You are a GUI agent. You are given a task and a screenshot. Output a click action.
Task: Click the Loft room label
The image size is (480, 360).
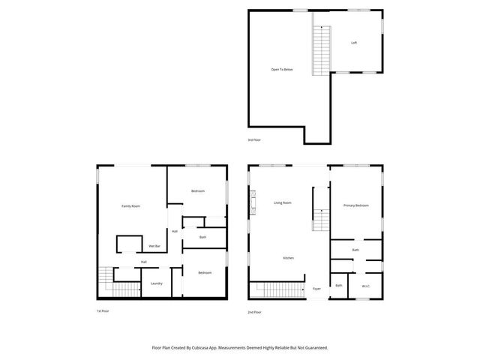click(354, 43)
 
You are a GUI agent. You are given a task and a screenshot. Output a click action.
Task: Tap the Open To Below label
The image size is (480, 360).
click(282, 70)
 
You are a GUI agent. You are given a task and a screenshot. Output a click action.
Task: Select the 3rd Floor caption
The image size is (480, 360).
click(255, 140)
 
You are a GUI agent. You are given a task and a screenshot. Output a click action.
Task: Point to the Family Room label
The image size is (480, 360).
click(131, 206)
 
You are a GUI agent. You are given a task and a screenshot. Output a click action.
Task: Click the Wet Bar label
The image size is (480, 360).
click(154, 246)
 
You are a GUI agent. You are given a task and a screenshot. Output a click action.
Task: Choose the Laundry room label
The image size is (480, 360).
click(157, 283)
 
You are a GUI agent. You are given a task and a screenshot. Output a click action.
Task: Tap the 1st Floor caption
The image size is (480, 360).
click(103, 311)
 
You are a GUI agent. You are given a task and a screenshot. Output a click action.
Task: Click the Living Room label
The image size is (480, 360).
click(283, 202)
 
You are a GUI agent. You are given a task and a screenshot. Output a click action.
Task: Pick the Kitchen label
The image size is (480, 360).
click(288, 258)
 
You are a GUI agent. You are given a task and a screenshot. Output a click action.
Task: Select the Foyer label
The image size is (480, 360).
click(317, 289)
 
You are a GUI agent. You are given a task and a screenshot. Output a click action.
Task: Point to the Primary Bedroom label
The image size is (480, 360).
click(355, 205)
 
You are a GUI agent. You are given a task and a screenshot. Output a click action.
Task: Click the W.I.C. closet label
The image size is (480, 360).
click(365, 286)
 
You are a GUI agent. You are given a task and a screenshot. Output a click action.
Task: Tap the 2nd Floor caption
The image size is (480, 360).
click(255, 311)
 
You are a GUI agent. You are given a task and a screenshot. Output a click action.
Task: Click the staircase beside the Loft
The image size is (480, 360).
click(322, 49)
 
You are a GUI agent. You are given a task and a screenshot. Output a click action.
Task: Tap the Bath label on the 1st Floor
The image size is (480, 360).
click(202, 238)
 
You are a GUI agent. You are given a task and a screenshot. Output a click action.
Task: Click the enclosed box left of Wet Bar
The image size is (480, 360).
click(128, 244)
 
